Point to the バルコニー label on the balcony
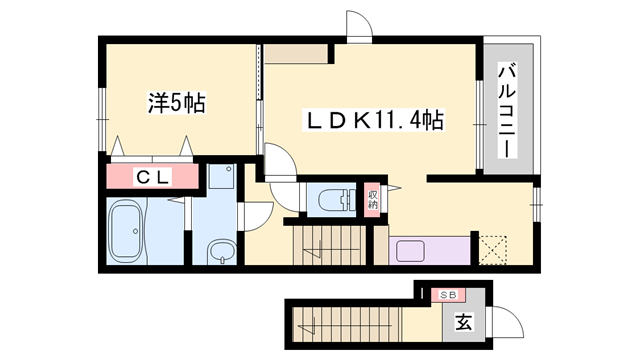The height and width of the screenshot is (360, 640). pos(507,108)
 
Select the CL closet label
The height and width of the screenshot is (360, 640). pos(152,178)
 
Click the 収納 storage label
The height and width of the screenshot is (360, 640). pos(373,198)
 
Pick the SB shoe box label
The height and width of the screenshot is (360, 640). pos(448,295)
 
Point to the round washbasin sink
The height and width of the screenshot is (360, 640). pos(221,252)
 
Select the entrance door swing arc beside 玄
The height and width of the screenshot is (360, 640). pos(507,322)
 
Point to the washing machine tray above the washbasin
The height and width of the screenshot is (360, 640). pos(221,182)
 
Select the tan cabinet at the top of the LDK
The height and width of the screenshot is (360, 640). pos(298,55)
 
